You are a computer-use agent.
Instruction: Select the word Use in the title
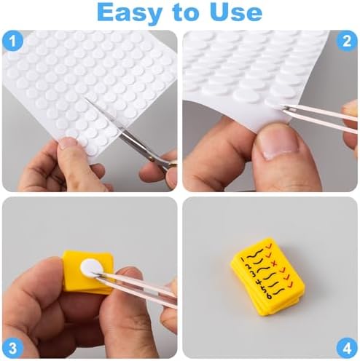(235, 12)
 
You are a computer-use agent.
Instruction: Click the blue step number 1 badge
(13, 41)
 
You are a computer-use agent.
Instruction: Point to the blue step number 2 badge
(347, 41)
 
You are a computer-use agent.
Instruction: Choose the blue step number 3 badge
(13, 348)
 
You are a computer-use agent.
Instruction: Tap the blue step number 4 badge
(347, 348)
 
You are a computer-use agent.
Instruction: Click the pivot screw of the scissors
(152, 159)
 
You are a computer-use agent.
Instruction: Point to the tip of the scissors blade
(85, 99)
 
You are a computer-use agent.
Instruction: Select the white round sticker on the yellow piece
(91, 268)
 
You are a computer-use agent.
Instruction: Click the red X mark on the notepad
(275, 263)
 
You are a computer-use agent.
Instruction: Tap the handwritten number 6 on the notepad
(269, 295)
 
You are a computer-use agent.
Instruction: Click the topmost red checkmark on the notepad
(269, 247)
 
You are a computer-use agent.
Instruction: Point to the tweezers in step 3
(136, 289)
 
